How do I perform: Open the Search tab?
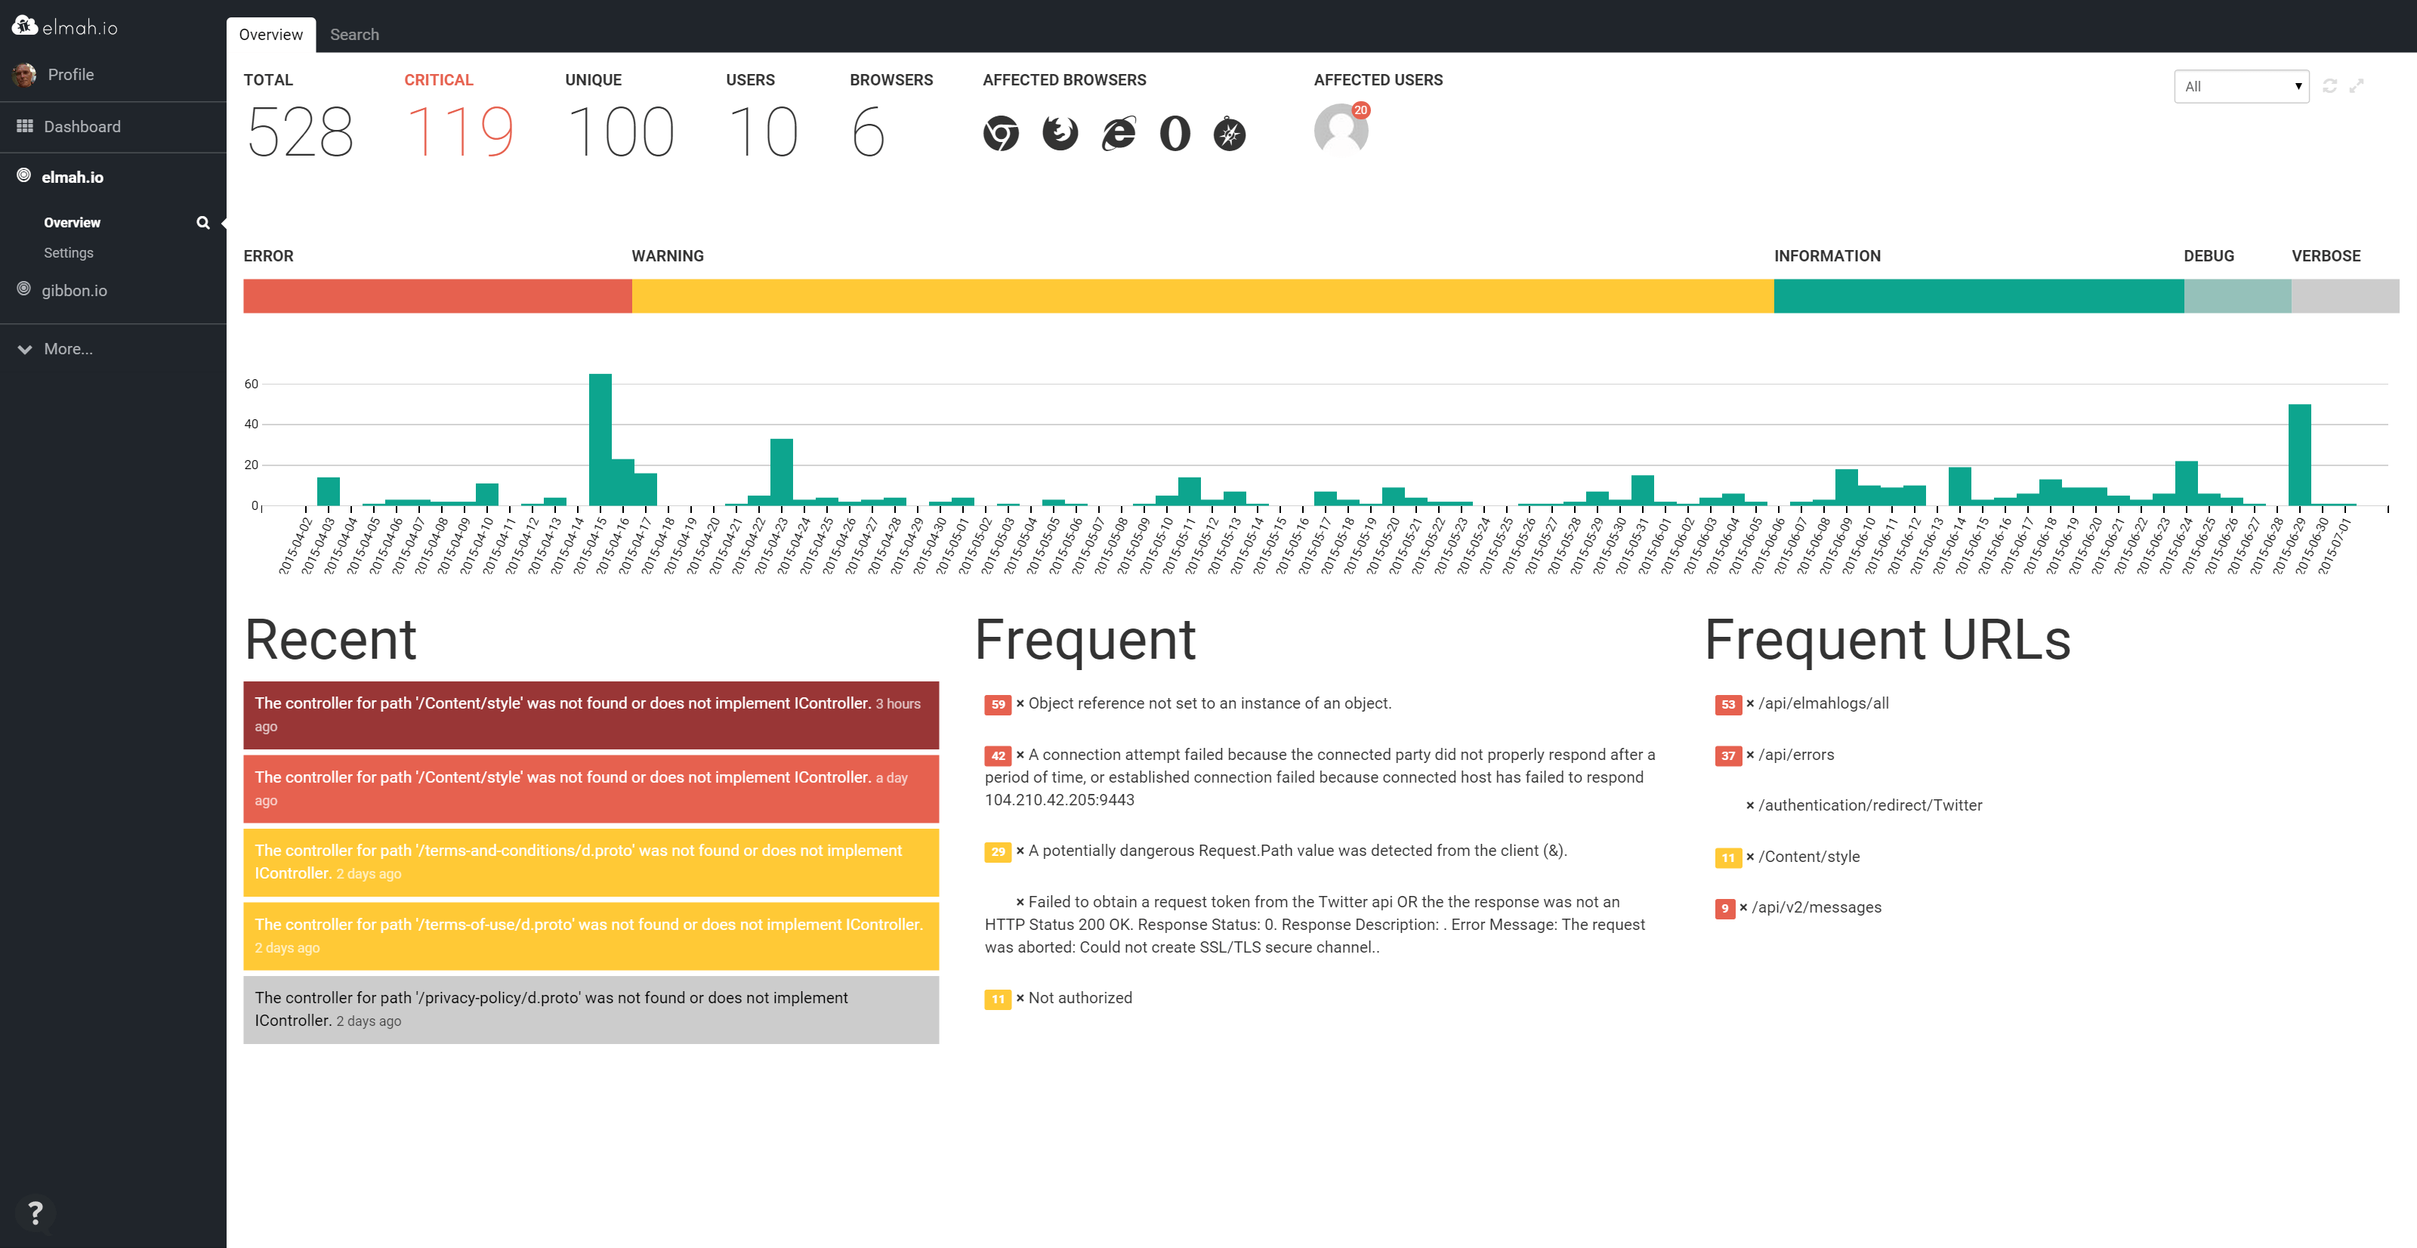click(x=353, y=35)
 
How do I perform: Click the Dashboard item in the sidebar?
click(x=82, y=127)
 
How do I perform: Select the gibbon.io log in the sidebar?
click(x=74, y=291)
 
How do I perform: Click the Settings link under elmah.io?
click(x=69, y=253)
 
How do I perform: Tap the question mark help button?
click(x=35, y=1212)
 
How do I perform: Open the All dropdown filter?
click(x=2240, y=86)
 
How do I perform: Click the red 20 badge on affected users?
click(x=1360, y=111)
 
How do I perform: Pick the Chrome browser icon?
click(x=1000, y=133)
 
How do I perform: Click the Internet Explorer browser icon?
click(x=1118, y=133)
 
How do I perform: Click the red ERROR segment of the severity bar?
click(x=437, y=295)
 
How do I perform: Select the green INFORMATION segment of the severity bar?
click(x=1978, y=295)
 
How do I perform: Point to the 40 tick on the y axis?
click(x=251, y=424)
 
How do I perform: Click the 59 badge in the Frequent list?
click(x=997, y=705)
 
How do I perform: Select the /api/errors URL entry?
click(x=1796, y=755)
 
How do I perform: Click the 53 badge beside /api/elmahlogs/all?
click(x=1727, y=705)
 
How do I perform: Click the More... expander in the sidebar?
click(x=67, y=349)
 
